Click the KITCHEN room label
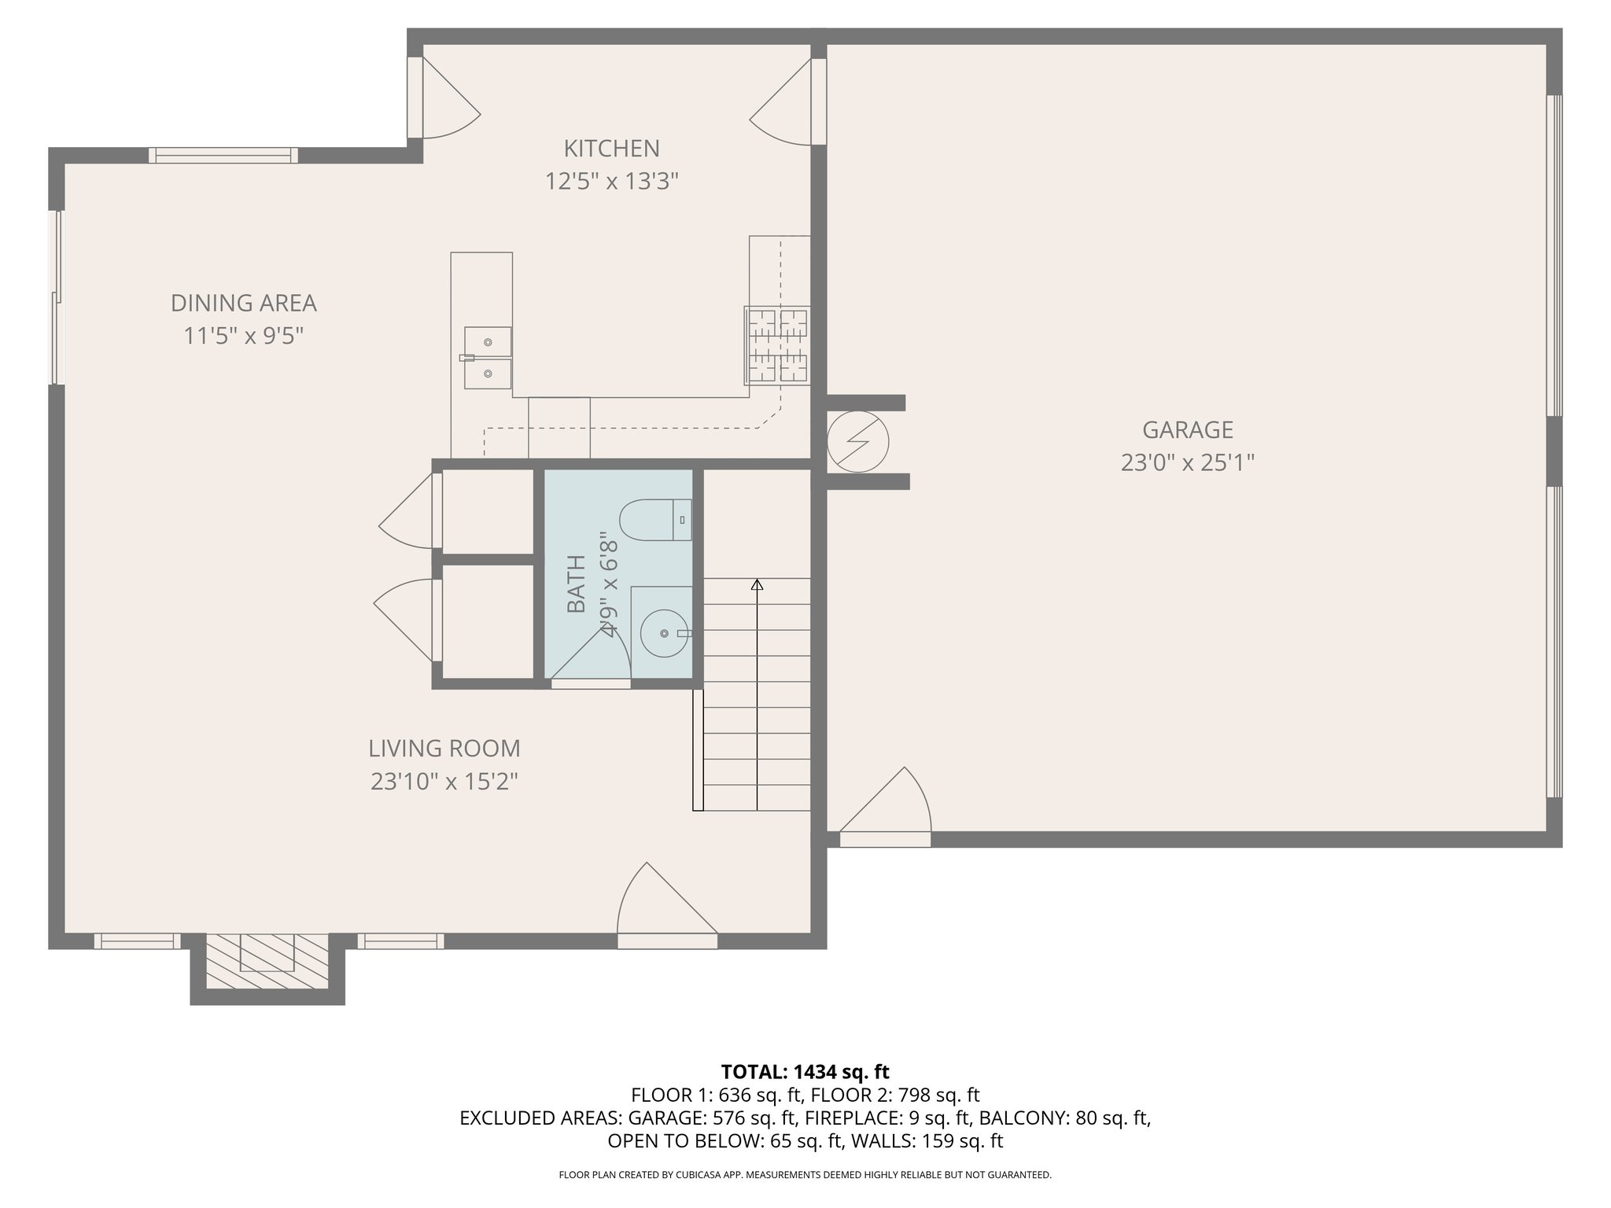tap(611, 148)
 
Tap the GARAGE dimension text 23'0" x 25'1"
tap(1187, 462)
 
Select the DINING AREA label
tap(243, 303)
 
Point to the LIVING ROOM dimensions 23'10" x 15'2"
tap(444, 782)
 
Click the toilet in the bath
tap(654, 520)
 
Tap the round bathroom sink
tap(665, 633)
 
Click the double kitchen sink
tap(487, 358)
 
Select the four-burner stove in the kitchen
tap(777, 345)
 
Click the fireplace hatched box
tap(267, 960)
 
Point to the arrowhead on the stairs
tap(757, 584)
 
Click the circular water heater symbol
tap(857, 442)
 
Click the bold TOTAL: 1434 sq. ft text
tap(805, 1072)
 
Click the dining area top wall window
tap(223, 156)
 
